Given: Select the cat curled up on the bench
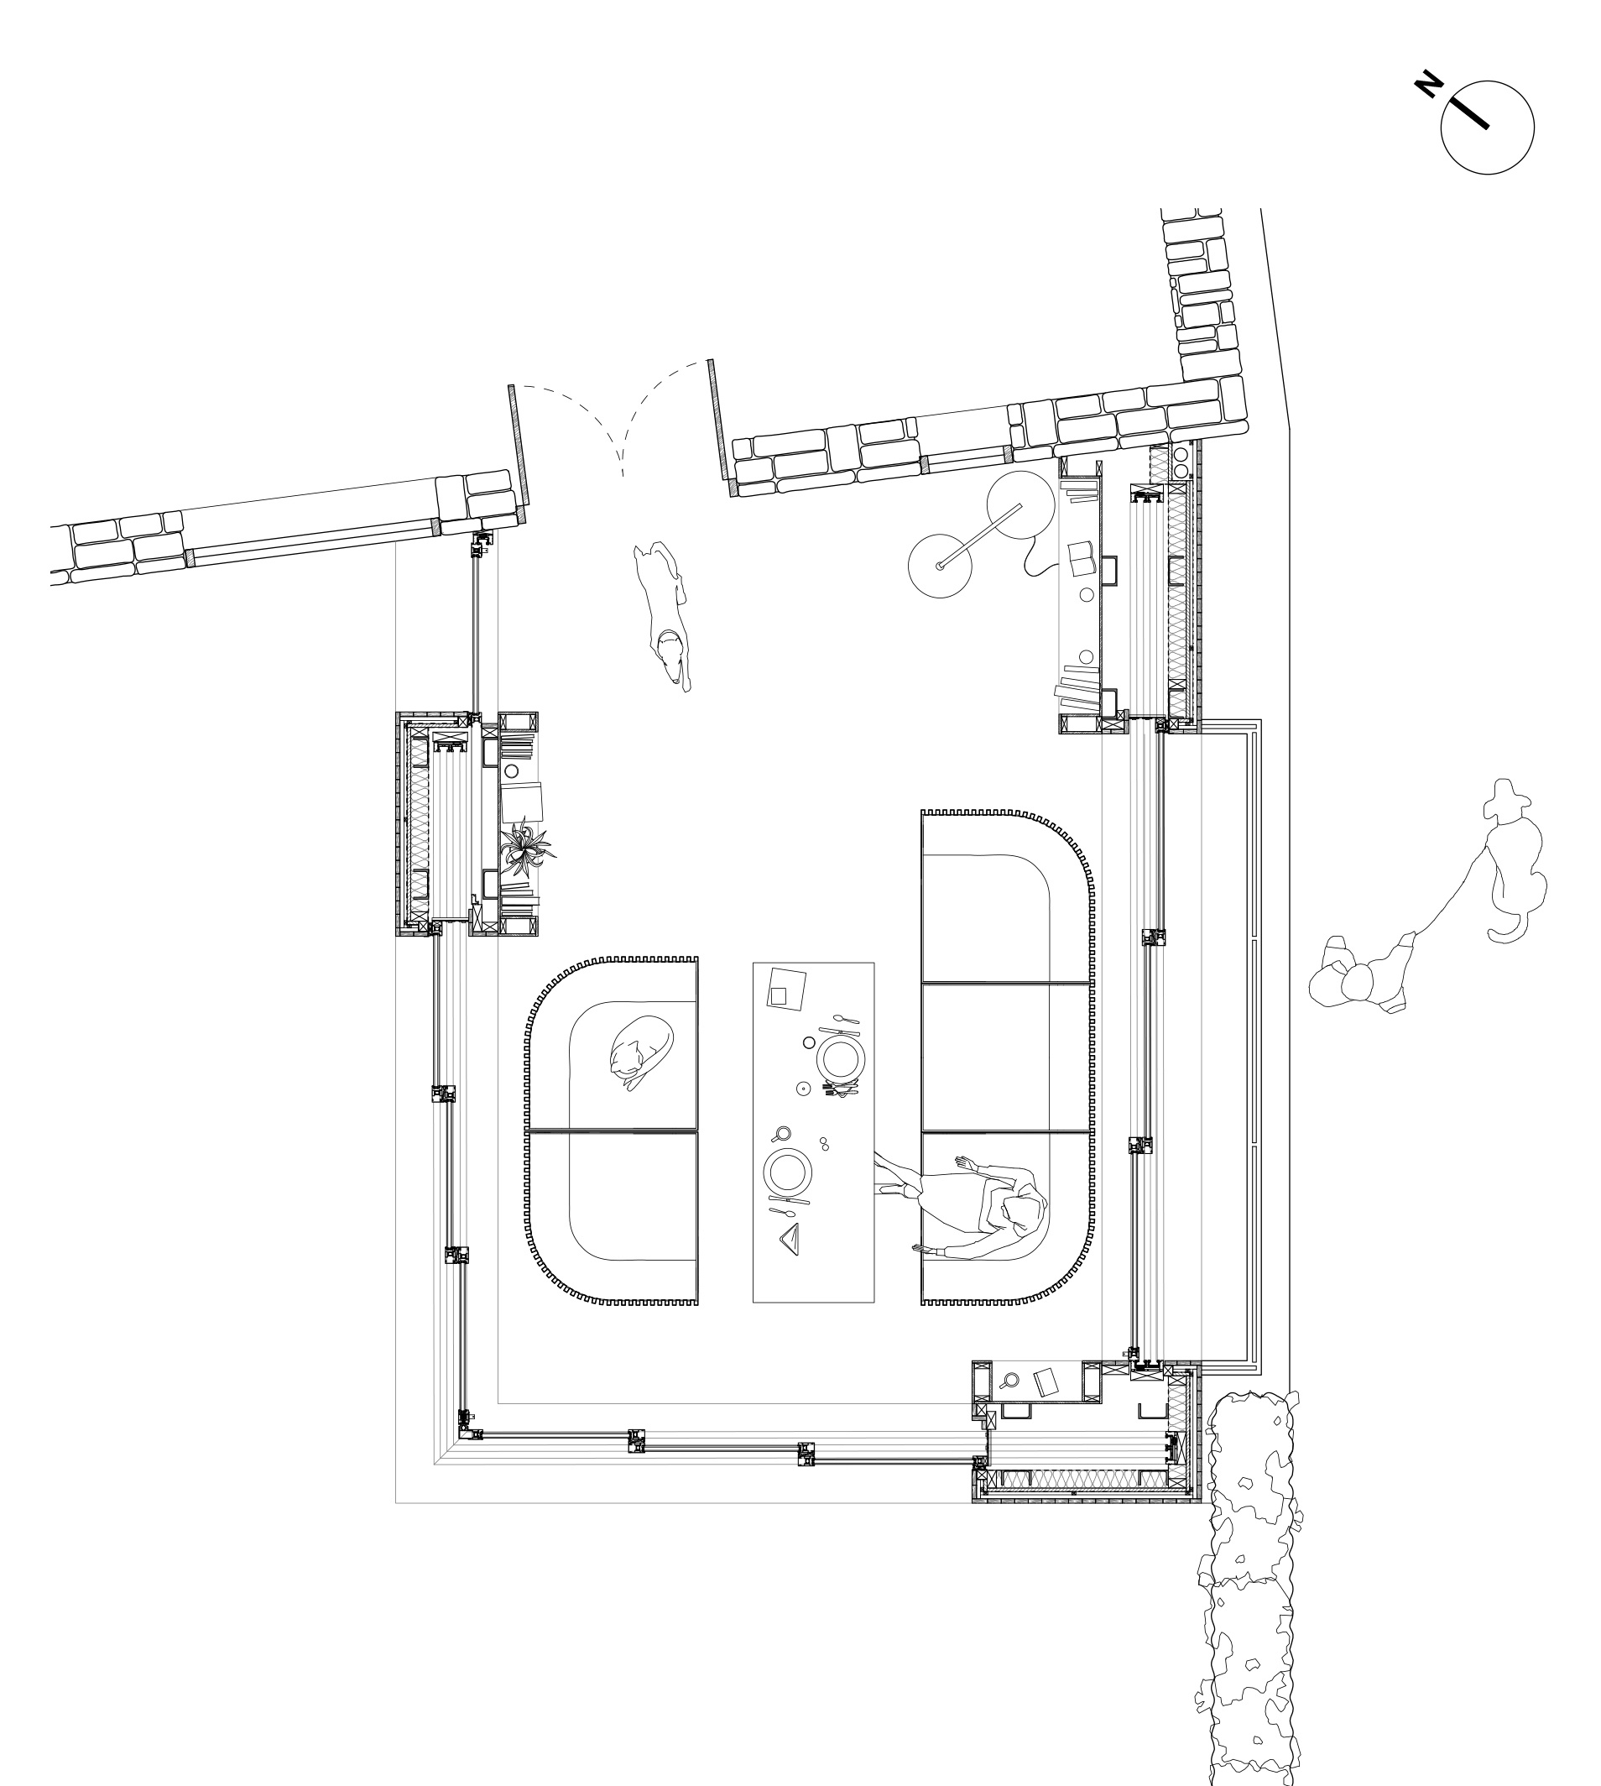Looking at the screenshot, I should tap(641, 1051).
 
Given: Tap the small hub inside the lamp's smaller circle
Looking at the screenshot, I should tap(940, 566).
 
